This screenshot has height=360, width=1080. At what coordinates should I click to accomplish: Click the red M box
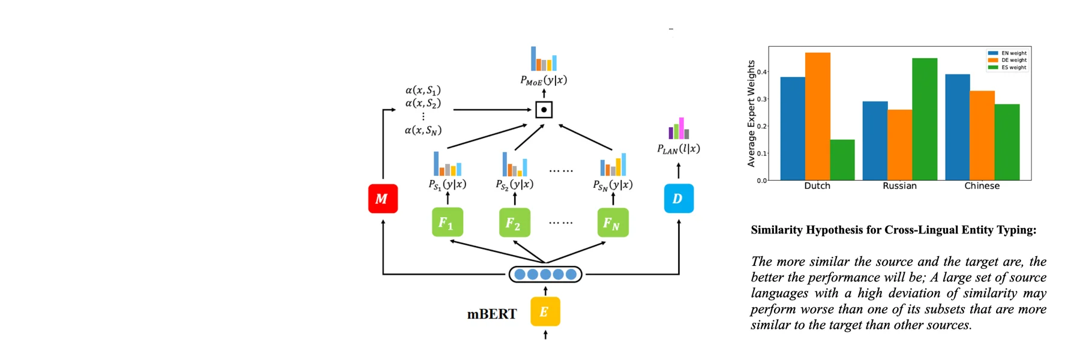pyautogui.click(x=383, y=199)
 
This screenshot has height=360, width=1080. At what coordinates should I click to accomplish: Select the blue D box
pyautogui.click(x=679, y=199)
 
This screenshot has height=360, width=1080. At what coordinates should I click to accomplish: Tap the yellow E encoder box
pyautogui.click(x=545, y=311)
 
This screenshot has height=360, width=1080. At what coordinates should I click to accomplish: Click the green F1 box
pyautogui.click(x=447, y=223)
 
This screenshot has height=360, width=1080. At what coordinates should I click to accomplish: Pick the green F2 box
pyautogui.click(x=514, y=223)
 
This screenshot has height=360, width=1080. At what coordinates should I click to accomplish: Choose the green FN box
pyautogui.click(x=613, y=223)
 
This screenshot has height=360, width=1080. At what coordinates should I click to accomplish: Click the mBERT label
pyautogui.click(x=491, y=314)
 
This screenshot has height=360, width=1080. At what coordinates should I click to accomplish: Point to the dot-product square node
pyautogui.click(x=544, y=110)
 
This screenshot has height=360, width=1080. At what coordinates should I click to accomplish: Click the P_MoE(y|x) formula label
pyautogui.click(x=544, y=80)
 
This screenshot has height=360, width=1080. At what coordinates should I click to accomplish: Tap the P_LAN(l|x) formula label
pyautogui.click(x=679, y=149)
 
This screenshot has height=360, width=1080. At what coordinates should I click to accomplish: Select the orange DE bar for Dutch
pyautogui.click(x=817, y=116)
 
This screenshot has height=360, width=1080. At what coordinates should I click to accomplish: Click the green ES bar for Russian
pyautogui.click(x=925, y=119)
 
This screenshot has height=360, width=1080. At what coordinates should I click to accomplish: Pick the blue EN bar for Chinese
pyautogui.click(x=957, y=127)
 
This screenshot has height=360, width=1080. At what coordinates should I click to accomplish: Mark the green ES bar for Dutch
pyautogui.click(x=842, y=160)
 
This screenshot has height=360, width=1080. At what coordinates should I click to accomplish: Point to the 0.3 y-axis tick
pyautogui.click(x=761, y=99)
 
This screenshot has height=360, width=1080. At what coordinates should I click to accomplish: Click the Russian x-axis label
pyautogui.click(x=899, y=186)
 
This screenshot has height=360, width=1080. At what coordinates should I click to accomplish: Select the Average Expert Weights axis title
pyautogui.click(x=751, y=113)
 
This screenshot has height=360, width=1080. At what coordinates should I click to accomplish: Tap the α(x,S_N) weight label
pyautogui.click(x=423, y=130)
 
